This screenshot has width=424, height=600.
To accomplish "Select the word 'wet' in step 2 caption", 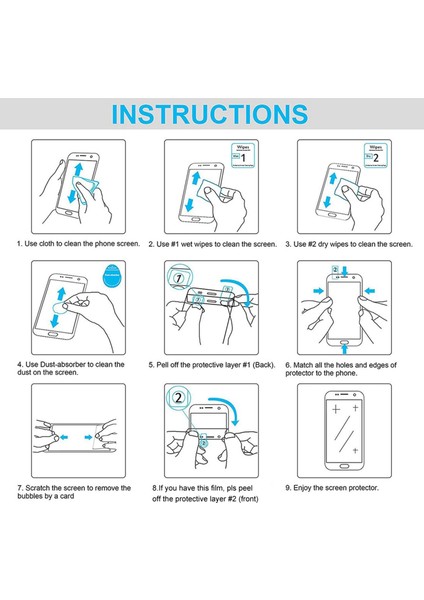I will [204, 243].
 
